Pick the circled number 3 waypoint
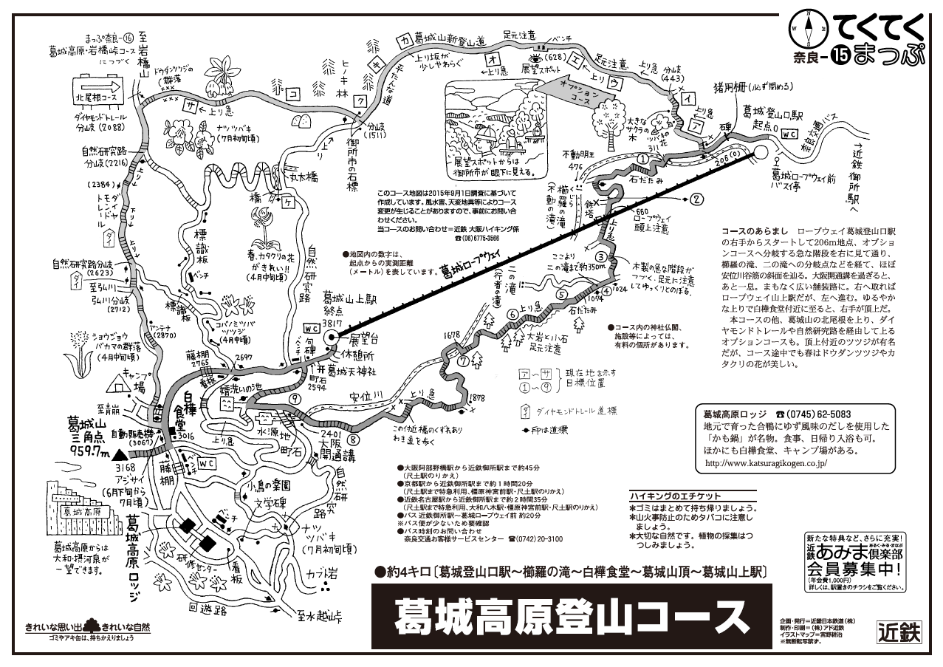click(602, 256)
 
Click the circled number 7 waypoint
click(463, 361)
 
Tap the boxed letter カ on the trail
click(403, 38)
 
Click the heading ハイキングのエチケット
click(675, 496)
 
